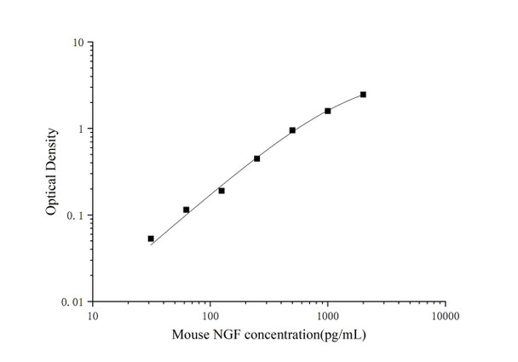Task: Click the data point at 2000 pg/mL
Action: point(363,95)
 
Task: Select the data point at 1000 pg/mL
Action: point(328,111)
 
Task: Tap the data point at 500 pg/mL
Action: point(292,130)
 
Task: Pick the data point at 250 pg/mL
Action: point(256,158)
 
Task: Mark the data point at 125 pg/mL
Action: point(222,191)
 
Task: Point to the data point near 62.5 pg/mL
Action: point(186,210)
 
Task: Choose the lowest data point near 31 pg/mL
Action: point(151,238)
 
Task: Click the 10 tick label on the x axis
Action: point(93,316)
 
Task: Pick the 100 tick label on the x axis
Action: point(210,316)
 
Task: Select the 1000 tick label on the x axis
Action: point(327,316)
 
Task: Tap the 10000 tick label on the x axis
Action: point(445,316)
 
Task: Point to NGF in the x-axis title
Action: point(225,334)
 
